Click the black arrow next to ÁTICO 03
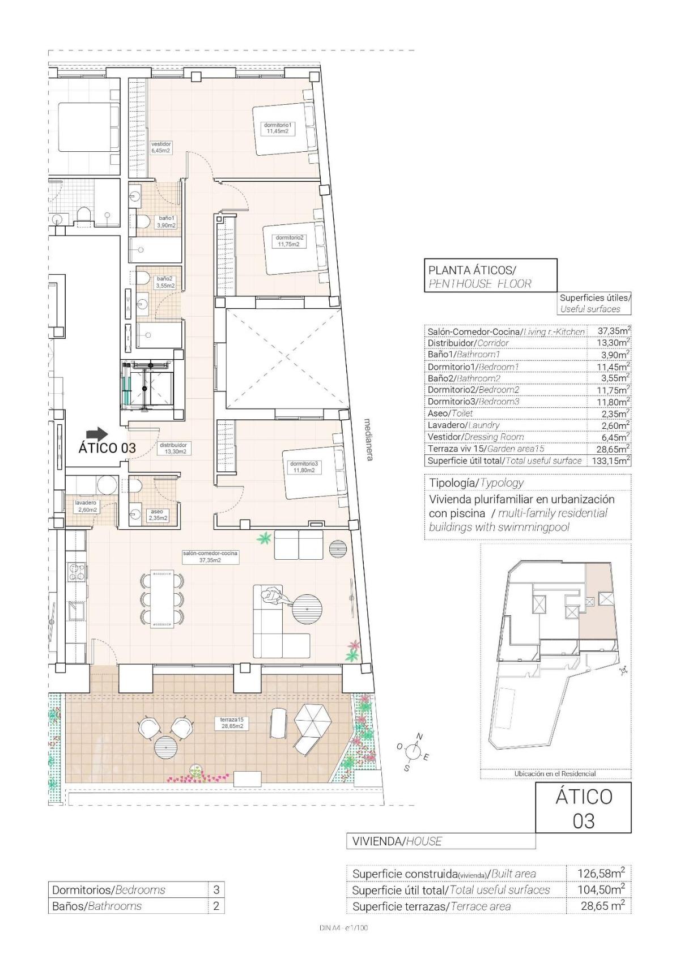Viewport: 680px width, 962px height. click(x=99, y=434)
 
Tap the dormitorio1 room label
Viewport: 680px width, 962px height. click(x=278, y=128)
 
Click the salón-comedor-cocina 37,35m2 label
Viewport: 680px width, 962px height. click(x=210, y=556)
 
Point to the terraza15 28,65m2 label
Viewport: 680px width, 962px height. click(x=232, y=723)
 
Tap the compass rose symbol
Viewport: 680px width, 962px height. click(x=414, y=752)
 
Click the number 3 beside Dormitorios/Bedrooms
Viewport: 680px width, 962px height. click(x=216, y=890)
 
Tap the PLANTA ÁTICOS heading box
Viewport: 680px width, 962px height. click(x=490, y=276)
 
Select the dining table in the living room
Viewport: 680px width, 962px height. click(x=162, y=601)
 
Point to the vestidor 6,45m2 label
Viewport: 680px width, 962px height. click(x=161, y=147)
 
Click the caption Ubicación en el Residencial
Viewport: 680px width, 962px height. click(x=555, y=773)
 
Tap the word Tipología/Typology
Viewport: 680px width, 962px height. click(x=476, y=483)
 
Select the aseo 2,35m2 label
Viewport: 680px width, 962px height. click(x=157, y=514)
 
